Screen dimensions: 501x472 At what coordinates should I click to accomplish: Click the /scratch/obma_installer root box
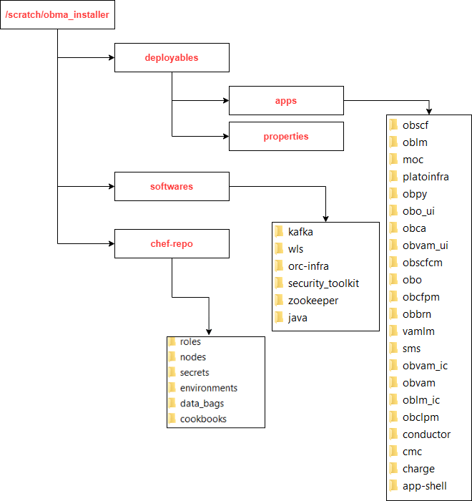(57, 14)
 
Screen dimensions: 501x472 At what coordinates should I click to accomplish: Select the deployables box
(172, 57)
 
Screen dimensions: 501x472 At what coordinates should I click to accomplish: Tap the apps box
(286, 101)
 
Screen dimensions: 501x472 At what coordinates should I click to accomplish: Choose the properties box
(286, 136)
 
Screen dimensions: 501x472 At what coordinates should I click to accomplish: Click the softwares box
(172, 186)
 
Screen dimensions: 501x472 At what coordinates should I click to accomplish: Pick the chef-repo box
(172, 243)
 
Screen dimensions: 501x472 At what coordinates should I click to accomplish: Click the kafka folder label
(300, 232)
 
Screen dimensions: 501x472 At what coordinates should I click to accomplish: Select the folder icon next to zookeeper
(279, 301)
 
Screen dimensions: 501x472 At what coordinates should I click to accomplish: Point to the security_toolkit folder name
(323, 283)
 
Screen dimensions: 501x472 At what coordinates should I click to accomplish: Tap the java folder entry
(298, 318)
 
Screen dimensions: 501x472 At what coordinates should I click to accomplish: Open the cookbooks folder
(203, 419)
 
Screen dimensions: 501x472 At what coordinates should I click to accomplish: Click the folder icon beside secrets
(172, 372)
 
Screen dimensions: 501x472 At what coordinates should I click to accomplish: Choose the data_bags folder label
(202, 404)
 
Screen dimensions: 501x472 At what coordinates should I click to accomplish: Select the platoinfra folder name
(426, 177)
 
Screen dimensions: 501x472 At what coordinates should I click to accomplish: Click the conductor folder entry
(426, 434)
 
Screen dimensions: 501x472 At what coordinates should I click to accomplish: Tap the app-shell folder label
(425, 486)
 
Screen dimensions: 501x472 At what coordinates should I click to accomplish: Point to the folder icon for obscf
(393, 125)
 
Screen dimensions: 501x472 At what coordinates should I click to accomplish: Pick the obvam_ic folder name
(425, 366)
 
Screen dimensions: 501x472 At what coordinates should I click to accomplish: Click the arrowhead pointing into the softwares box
(111, 186)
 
